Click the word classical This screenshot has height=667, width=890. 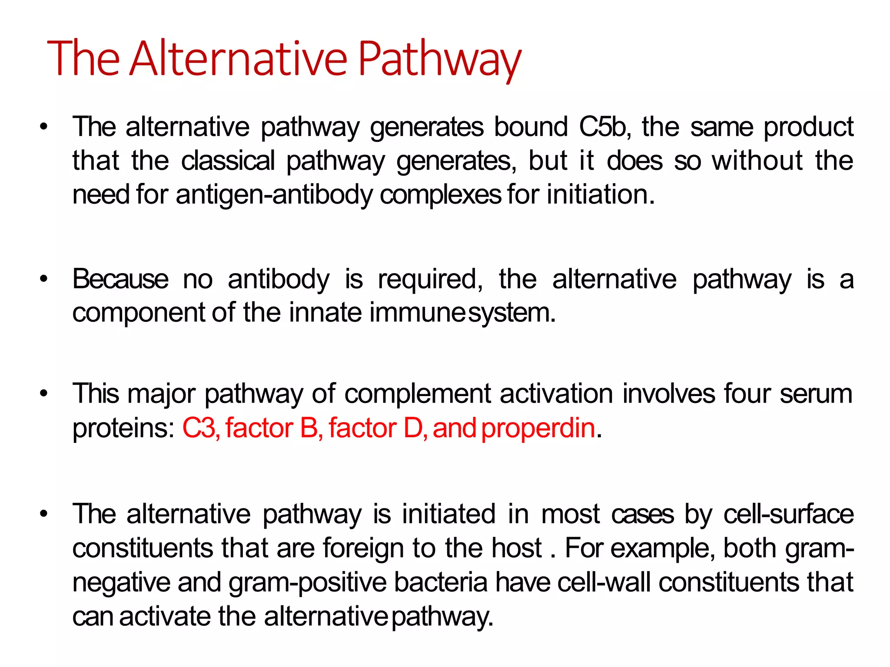pos(228,161)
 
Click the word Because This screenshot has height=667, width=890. pos(120,279)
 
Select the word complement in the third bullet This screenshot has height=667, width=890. pos(417,394)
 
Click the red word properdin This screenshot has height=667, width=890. pos(538,428)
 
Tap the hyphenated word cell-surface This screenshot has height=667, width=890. pos(788,514)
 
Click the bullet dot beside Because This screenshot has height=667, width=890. pos(43,280)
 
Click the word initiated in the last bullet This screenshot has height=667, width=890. pos(448,514)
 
